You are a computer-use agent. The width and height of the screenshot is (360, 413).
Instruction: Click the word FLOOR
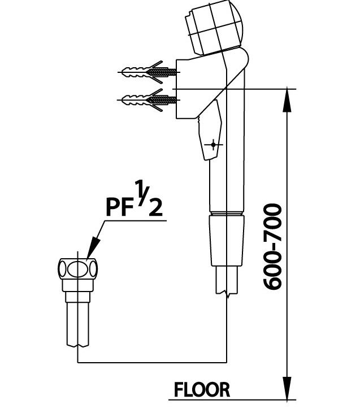202,390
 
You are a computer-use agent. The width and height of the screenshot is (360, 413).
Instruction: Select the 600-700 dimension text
272,246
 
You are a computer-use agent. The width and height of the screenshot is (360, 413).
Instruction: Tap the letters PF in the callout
120,207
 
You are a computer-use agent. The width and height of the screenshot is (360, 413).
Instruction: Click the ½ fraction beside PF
149,198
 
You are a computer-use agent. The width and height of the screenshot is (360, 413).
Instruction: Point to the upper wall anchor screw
149,72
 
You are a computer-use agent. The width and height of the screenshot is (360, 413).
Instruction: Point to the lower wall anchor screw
149,100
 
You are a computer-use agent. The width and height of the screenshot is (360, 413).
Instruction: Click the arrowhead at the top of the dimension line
287,100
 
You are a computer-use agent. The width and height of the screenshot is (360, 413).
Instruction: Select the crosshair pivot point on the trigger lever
214,144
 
